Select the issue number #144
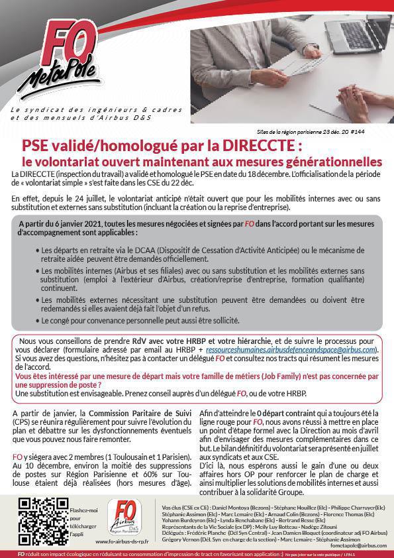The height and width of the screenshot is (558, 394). [374, 132]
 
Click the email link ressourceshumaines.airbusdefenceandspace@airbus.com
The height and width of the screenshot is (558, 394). [291, 349]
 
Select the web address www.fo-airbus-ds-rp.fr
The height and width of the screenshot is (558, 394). [123, 541]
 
